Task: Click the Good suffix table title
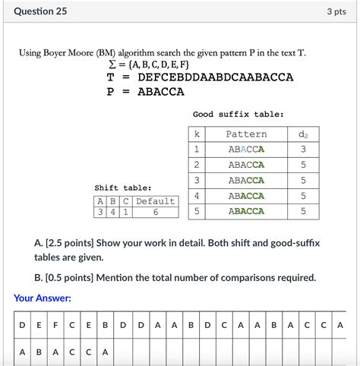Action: (x=238, y=114)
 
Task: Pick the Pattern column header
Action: (x=247, y=134)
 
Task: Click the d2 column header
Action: (x=303, y=134)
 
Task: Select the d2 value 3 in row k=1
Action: (x=303, y=150)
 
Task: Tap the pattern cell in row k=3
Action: (x=247, y=181)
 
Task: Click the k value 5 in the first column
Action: (x=197, y=212)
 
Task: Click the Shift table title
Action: (x=123, y=188)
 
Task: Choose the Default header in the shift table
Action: (x=155, y=201)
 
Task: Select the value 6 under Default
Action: (x=155, y=213)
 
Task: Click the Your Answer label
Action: (x=43, y=298)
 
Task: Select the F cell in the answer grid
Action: (x=55, y=325)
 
